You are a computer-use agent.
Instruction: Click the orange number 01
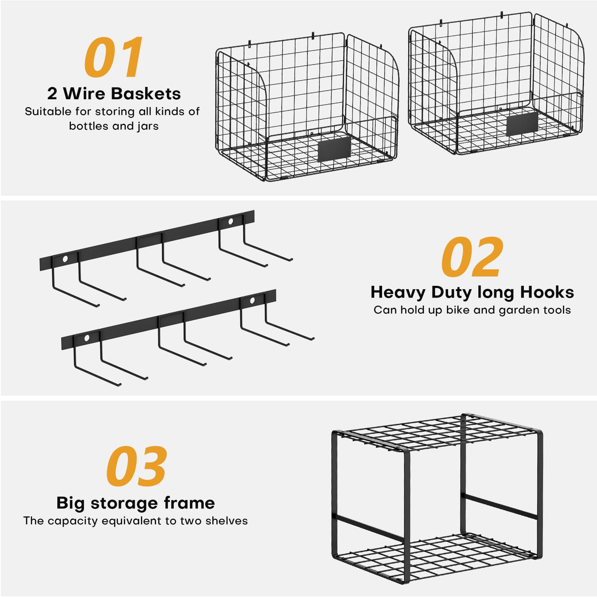(x=114, y=58)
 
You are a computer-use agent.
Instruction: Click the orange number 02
(x=472, y=257)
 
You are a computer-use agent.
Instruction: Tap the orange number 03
(x=136, y=467)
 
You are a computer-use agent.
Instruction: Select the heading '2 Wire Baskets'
(x=114, y=93)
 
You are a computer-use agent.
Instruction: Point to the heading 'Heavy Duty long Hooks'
(x=472, y=292)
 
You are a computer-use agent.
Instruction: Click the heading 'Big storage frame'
(x=136, y=503)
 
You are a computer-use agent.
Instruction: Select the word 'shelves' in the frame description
(x=228, y=521)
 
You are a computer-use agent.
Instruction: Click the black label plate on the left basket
(x=335, y=149)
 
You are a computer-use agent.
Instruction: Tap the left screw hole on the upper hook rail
(x=65, y=258)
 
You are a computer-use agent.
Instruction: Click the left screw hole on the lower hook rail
(x=87, y=338)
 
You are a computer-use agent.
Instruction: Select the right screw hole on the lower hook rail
(x=252, y=300)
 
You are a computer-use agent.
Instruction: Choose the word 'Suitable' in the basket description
(x=48, y=112)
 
